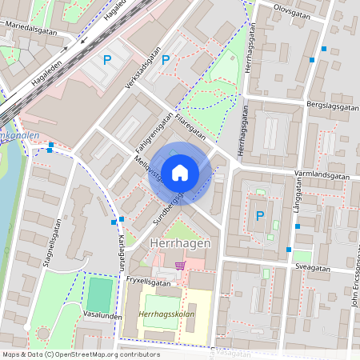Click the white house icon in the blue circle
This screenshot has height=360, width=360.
coord(180,173)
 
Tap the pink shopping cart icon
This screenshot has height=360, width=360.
coord(181,265)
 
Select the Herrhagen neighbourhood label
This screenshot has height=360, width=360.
coord(180,242)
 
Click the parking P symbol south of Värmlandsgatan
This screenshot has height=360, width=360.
coord(259,215)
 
